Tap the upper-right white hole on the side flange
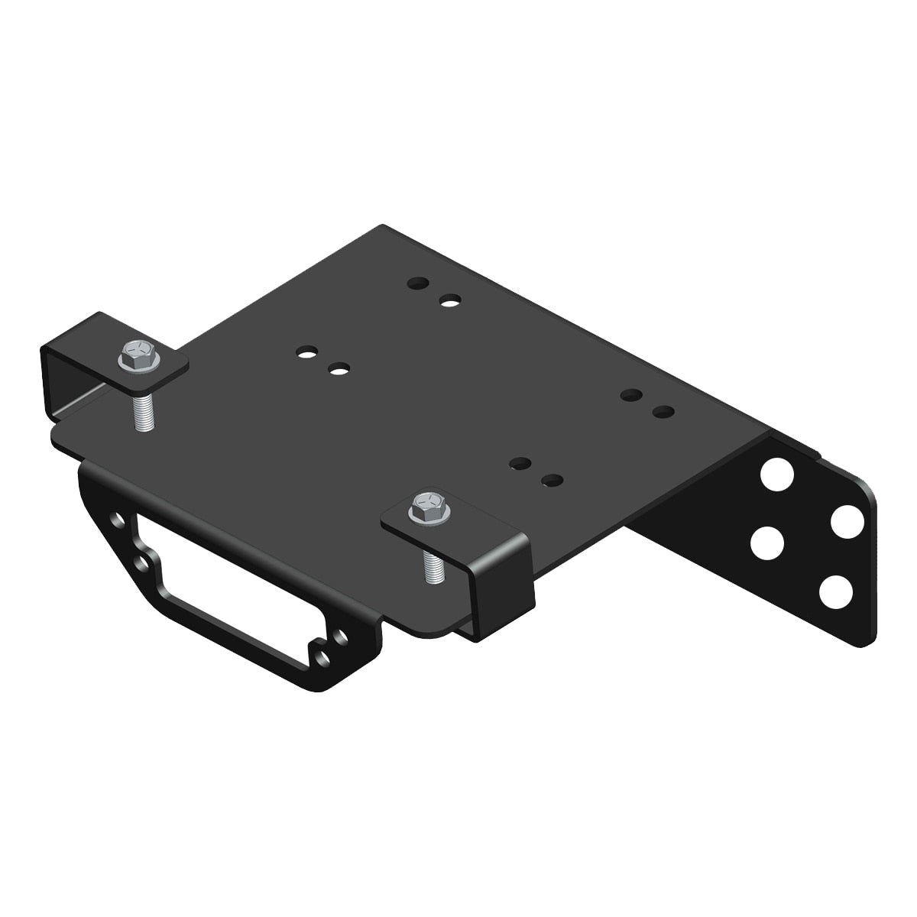847,523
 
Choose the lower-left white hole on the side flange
767,543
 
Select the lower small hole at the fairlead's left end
142,563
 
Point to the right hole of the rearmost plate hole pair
450,301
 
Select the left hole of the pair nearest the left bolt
306,352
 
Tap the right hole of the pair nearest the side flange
663,412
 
